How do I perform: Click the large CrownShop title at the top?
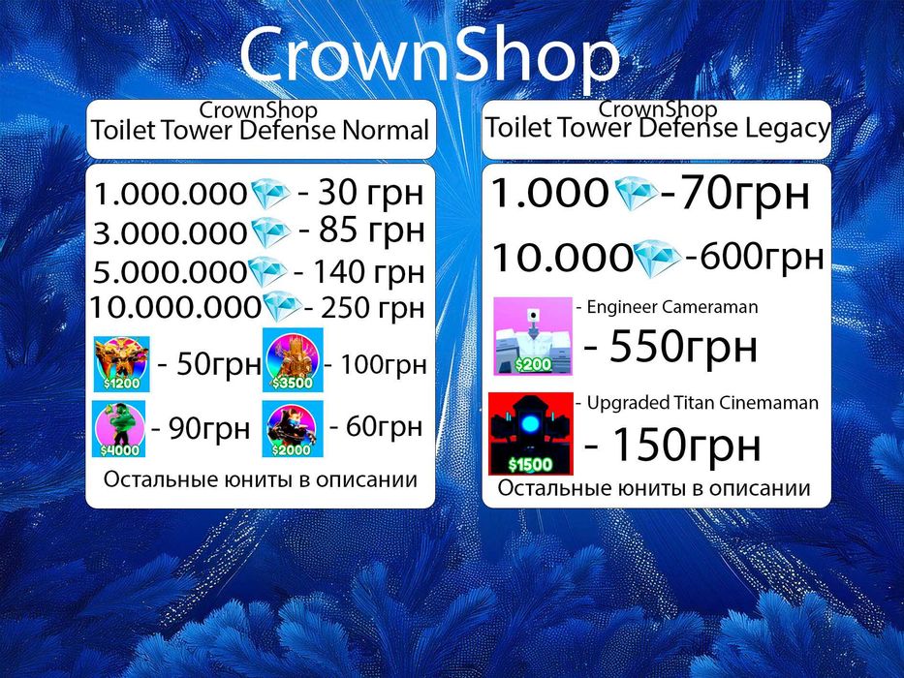[x=429, y=56]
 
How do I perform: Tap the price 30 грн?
[x=371, y=193]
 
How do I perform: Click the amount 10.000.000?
[x=175, y=307]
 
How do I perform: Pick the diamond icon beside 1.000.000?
[x=270, y=193]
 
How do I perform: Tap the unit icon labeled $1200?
[x=122, y=364]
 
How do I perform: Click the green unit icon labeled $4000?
[x=119, y=429]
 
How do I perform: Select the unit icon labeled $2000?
[x=293, y=429]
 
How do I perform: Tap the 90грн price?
[x=209, y=429]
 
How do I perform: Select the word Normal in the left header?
[x=385, y=131]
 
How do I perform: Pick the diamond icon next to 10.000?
[x=657, y=259]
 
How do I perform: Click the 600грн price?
[x=761, y=257]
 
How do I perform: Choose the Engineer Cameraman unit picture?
[x=533, y=336]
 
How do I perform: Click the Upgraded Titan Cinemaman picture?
[x=531, y=434]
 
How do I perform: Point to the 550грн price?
[x=683, y=347]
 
